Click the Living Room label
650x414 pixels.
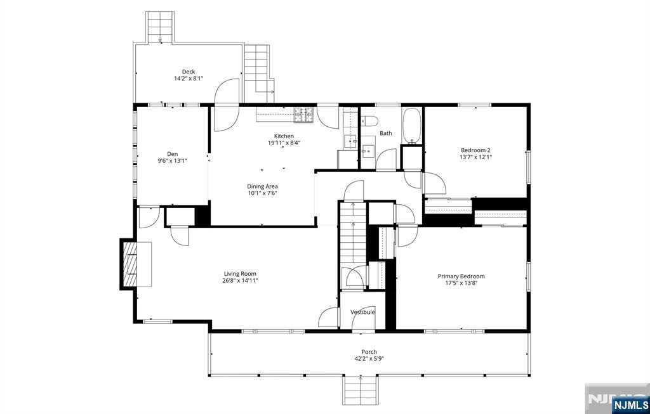[240, 274]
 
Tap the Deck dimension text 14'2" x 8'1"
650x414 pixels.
[189, 78]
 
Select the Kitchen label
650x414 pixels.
[284, 136]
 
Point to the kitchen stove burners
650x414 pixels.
[304, 115]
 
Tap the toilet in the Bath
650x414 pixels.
[369, 121]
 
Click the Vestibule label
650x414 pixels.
[362, 312]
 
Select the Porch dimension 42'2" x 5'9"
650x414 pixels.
[369, 359]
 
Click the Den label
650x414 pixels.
[173, 154]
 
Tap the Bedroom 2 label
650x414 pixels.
[476, 150]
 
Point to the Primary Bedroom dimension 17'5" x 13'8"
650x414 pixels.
[461, 283]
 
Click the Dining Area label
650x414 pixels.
[262, 187]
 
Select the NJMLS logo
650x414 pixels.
[630, 404]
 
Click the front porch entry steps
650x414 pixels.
[361, 391]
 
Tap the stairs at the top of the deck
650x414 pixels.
[159, 27]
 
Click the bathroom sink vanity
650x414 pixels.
[368, 151]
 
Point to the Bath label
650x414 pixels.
[386, 133]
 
